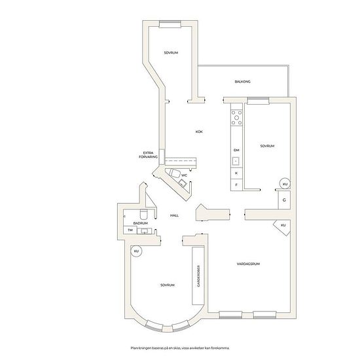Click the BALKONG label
click(242, 82)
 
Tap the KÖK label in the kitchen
click(199, 132)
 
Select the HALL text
click(174, 215)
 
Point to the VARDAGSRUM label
click(248, 264)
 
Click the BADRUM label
click(141, 223)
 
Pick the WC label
click(184, 175)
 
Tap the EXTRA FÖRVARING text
click(149, 154)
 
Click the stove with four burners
click(236, 118)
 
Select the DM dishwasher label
click(236, 150)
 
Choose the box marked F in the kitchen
click(236, 185)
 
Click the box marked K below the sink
click(236, 173)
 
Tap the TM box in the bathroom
click(130, 230)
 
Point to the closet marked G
click(284, 200)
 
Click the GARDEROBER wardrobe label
click(198, 276)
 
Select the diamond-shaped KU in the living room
click(283, 226)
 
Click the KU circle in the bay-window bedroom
click(136, 251)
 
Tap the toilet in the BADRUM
click(144, 214)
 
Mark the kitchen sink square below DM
click(236, 161)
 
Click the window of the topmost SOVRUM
click(170, 24)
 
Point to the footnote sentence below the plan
click(180, 348)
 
